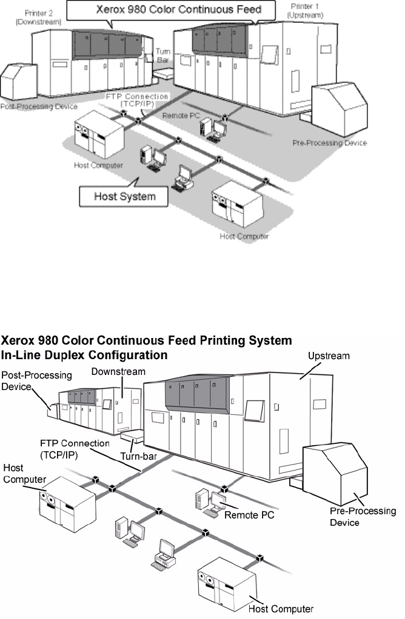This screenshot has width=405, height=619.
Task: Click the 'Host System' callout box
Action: (x=126, y=196)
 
